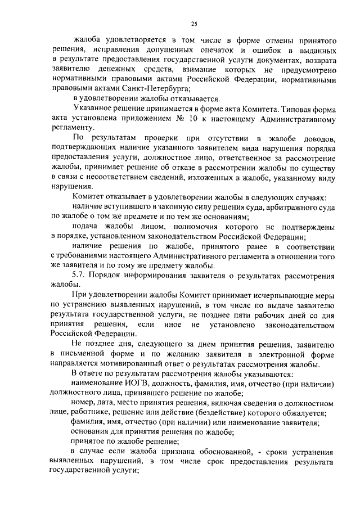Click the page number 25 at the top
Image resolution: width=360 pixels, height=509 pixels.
[x=193, y=22]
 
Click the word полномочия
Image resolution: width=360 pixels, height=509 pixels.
[x=183, y=226]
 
